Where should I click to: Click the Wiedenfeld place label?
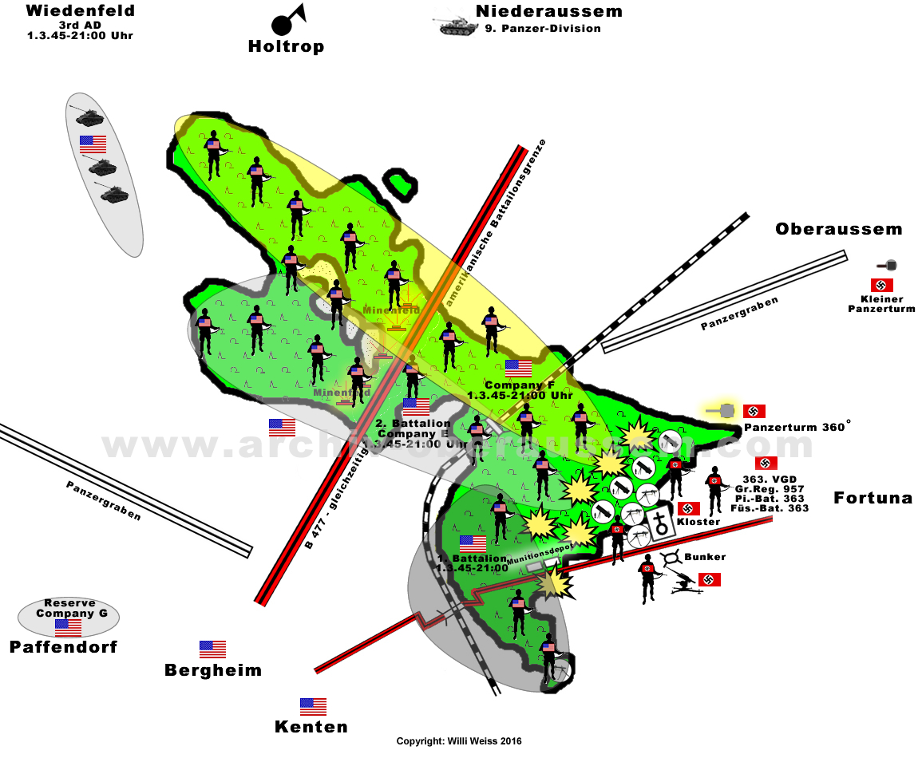[x=80, y=11]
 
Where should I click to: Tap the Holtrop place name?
[x=286, y=46]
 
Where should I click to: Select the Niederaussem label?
[x=548, y=11]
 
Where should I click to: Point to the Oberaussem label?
[x=838, y=230]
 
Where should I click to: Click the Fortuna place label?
[x=872, y=498]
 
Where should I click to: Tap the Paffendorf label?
[x=63, y=646]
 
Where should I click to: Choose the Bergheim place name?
[x=213, y=670]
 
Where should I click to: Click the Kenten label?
[x=311, y=727]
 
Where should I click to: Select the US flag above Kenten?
[x=313, y=706]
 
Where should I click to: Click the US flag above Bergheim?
[x=212, y=649]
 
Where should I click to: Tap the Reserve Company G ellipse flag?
[x=68, y=627]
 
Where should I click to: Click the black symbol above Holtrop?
[x=287, y=22]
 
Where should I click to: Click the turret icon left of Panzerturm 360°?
[x=725, y=411]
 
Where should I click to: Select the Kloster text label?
[x=699, y=522]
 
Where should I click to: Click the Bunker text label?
[x=705, y=556]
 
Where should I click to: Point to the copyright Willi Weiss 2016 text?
[x=459, y=741]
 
